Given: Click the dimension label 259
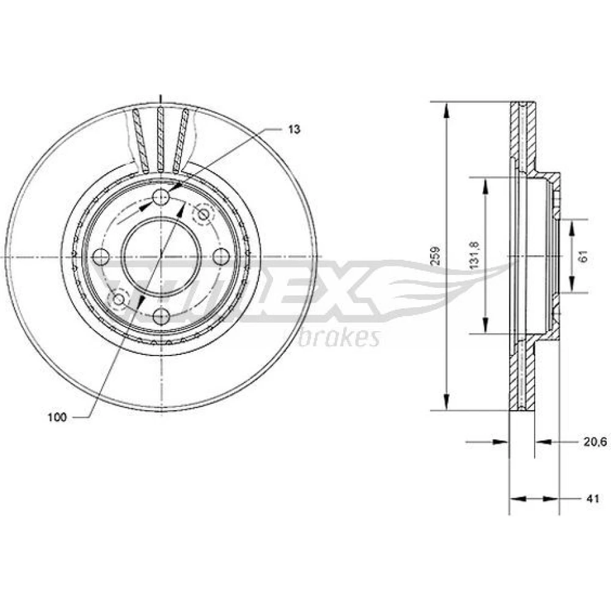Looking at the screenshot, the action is (x=436, y=255).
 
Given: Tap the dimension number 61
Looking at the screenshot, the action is (x=584, y=256).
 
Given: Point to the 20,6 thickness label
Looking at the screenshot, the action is (x=595, y=442).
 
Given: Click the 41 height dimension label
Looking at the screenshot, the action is (x=592, y=499).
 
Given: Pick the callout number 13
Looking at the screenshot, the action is (x=295, y=129).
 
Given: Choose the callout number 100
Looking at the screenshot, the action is (x=57, y=417).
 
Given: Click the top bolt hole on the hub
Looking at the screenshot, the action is (x=161, y=197).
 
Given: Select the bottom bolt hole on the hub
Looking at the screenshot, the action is (x=161, y=316).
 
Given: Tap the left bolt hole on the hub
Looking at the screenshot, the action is (x=101, y=256).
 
